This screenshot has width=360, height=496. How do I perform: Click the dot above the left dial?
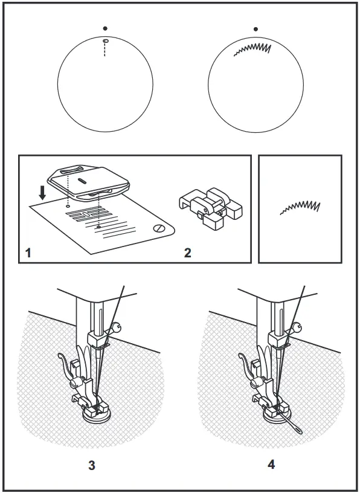click(x=105, y=28)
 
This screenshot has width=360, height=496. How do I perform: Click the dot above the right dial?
click(x=256, y=28)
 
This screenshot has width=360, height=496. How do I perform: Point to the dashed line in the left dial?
click(x=105, y=50)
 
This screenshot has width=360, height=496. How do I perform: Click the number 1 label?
click(x=28, y=253)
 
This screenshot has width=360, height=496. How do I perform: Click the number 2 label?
click(x=188, y=253)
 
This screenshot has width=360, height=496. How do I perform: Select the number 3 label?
click(x=92, y=465)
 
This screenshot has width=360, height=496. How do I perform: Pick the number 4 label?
click(x=271, y=465)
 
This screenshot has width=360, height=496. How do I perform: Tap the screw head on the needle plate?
click(x=160, y=228)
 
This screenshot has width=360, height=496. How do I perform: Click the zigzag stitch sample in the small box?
click(x=300, y=207)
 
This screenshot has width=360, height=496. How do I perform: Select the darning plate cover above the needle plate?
click(x=89, y=182)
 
